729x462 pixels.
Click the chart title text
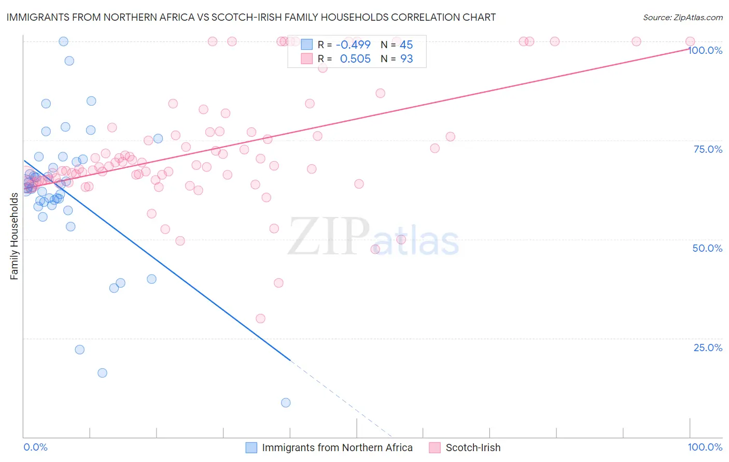click(251, 17)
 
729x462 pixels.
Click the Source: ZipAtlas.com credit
click(682, 17)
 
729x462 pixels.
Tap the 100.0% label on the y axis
click(705, 50)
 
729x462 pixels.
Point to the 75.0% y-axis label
click(708, 149)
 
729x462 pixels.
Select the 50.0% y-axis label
click(707, 248)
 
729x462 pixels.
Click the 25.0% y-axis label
click(708, 348)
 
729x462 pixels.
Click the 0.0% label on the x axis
click(35, 447)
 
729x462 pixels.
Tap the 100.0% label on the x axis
click(705, 447)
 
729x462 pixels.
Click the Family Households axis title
click(14, 236)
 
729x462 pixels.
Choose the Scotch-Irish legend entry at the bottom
click(473, 447)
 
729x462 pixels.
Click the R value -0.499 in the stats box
click(353, 45)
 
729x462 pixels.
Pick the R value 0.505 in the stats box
click(355, 59)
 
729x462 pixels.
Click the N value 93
click(406, 59)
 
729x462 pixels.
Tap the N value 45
click(406, 45)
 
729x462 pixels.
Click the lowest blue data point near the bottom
click(286, 402)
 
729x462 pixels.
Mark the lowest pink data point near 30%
click(260, 319)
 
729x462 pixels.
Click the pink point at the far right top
click(690, 41)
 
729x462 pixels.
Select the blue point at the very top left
click(63, 41)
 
